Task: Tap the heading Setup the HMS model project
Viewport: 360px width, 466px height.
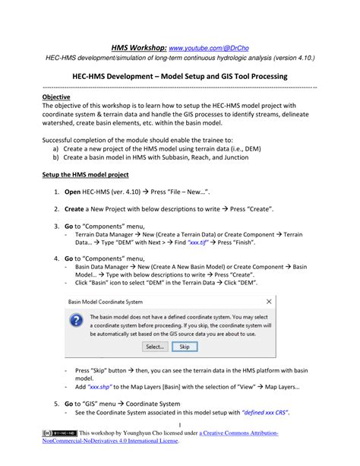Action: point(85,174)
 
